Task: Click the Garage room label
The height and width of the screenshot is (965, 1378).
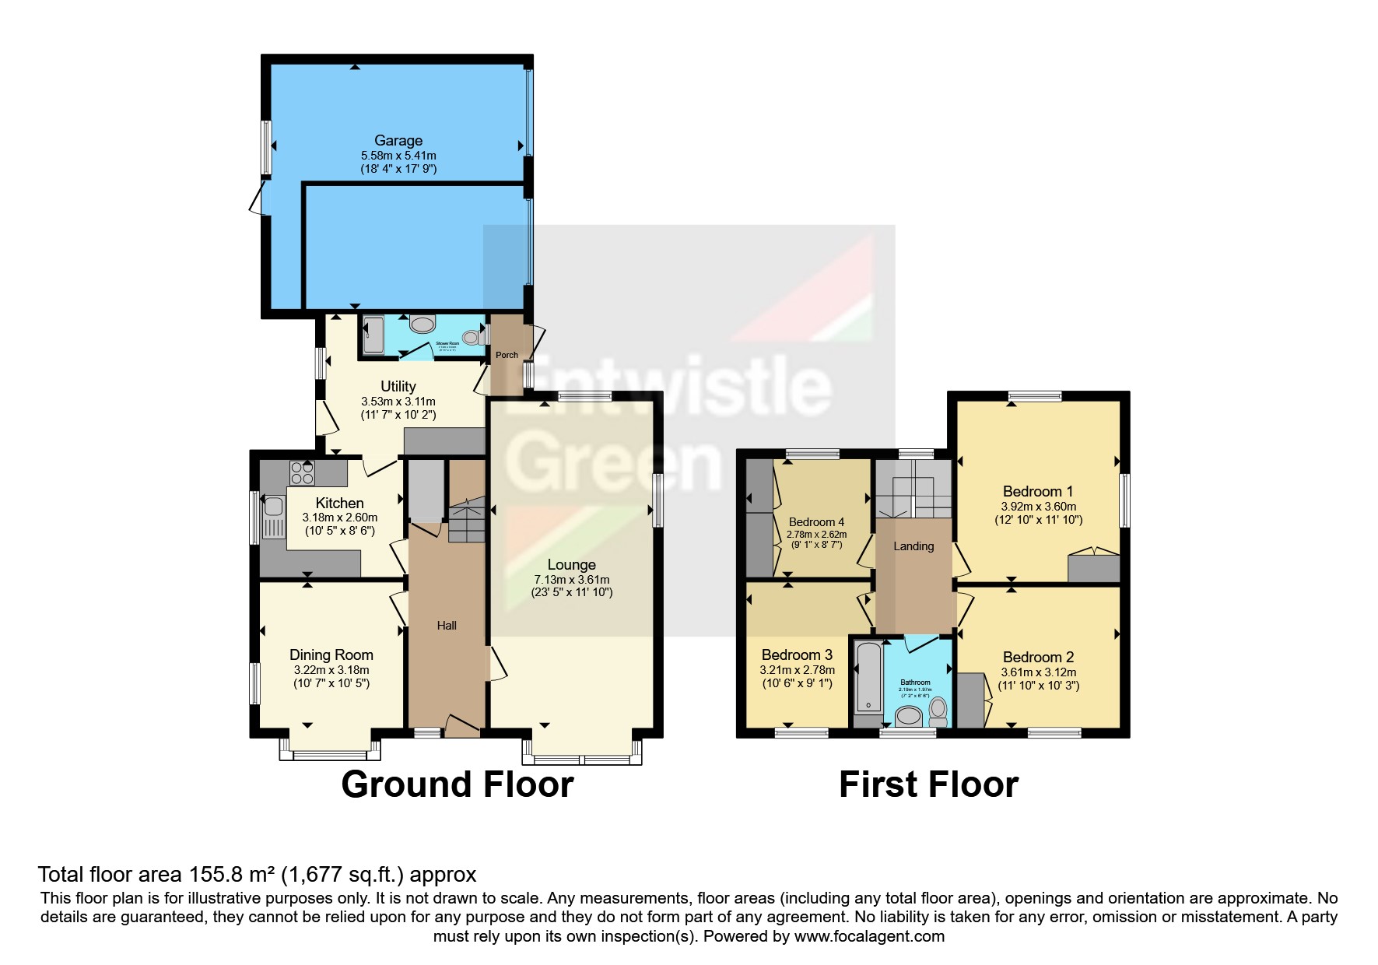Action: point(398,141)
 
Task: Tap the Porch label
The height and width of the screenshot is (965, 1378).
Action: point(507,355)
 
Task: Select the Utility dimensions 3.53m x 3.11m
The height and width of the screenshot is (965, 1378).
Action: point(398,402)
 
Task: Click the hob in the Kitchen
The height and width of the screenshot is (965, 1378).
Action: point(302,472)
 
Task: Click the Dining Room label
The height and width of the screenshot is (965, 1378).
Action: point(331,655)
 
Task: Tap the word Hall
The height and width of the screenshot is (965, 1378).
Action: point(447,626)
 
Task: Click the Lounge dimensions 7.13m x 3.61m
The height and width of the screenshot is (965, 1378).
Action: point(572,580)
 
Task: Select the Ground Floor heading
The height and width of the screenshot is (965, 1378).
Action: point(458,784)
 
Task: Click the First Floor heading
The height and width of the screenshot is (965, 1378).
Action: point(928,784)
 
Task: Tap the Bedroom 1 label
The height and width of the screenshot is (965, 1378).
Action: point(1038,492)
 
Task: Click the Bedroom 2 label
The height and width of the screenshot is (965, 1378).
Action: point(1038,658)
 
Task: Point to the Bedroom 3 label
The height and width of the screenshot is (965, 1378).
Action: point(797,655)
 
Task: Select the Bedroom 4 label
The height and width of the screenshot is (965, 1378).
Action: point(816,522)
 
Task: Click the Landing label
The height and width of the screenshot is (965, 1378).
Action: point(913,546)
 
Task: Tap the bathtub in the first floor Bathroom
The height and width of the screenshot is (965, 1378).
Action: point(866,677)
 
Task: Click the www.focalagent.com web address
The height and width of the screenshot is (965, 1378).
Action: point(869,936)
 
